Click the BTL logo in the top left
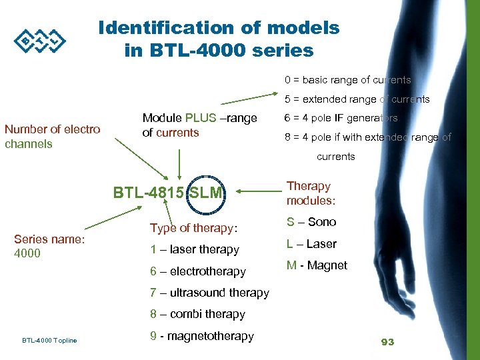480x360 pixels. click(41, 41)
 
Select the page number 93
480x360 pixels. click(387, 342)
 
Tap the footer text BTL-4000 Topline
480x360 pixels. click(49, 341)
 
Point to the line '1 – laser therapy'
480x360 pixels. click(194, 249)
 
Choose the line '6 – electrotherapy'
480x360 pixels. click(197, 271)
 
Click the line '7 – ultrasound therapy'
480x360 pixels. click(209, 293)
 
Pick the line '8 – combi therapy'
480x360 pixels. click(197, 314)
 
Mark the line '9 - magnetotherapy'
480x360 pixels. click(201, 336)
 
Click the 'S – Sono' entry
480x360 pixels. click(311, 222)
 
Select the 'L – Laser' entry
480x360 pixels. click(311, 244)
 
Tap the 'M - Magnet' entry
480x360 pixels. click(317, 265)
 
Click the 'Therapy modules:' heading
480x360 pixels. click(311, 193)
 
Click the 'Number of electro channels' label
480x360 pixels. click(53, 136)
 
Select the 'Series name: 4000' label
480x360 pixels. click(49, 246)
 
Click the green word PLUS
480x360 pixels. click(201, 118)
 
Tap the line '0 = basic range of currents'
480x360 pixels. click(347, 80)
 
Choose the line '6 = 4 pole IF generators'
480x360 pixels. click(341, 118)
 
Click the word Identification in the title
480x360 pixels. click(164, 28)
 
